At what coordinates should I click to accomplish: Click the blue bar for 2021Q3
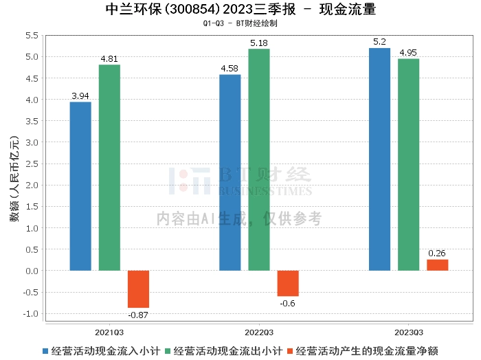pyautogui.click(x=80, y=186)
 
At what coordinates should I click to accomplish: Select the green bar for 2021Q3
pyautogui.click(x=109, y=168)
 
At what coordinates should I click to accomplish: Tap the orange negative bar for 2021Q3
pyautogui.click(x=138, y=289)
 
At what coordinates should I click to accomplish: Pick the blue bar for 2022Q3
pyautogui.click(x=230, y=172)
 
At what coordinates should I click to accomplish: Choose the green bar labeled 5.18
pyautogui.click(x=259, y=159)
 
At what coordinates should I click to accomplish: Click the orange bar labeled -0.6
pyautogui.click(x=288, y=283)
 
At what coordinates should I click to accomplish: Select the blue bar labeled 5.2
pyautogui.click(x=379, y=159)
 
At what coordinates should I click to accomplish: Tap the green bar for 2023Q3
pyautogui.click(x=408, y=165)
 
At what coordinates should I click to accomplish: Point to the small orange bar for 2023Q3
pyautogui.click(x=437, y=265)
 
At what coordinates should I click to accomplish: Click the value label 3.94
pyautogui.click(x=80, y=96)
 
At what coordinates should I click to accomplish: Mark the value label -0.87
pyautogui.click(x=138, y=315)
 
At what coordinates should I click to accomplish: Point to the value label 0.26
pyautogui.click(x=437, y=254)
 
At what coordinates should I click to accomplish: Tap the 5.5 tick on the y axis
pyautogui.click(x=31, y=36)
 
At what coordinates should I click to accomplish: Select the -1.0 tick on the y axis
pyautogui.click(x=30, y=314)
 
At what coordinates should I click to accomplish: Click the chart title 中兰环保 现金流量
pyautogui.click(x=240, y=10)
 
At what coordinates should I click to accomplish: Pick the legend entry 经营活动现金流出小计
pyautogui.click(x=227, y=350)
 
